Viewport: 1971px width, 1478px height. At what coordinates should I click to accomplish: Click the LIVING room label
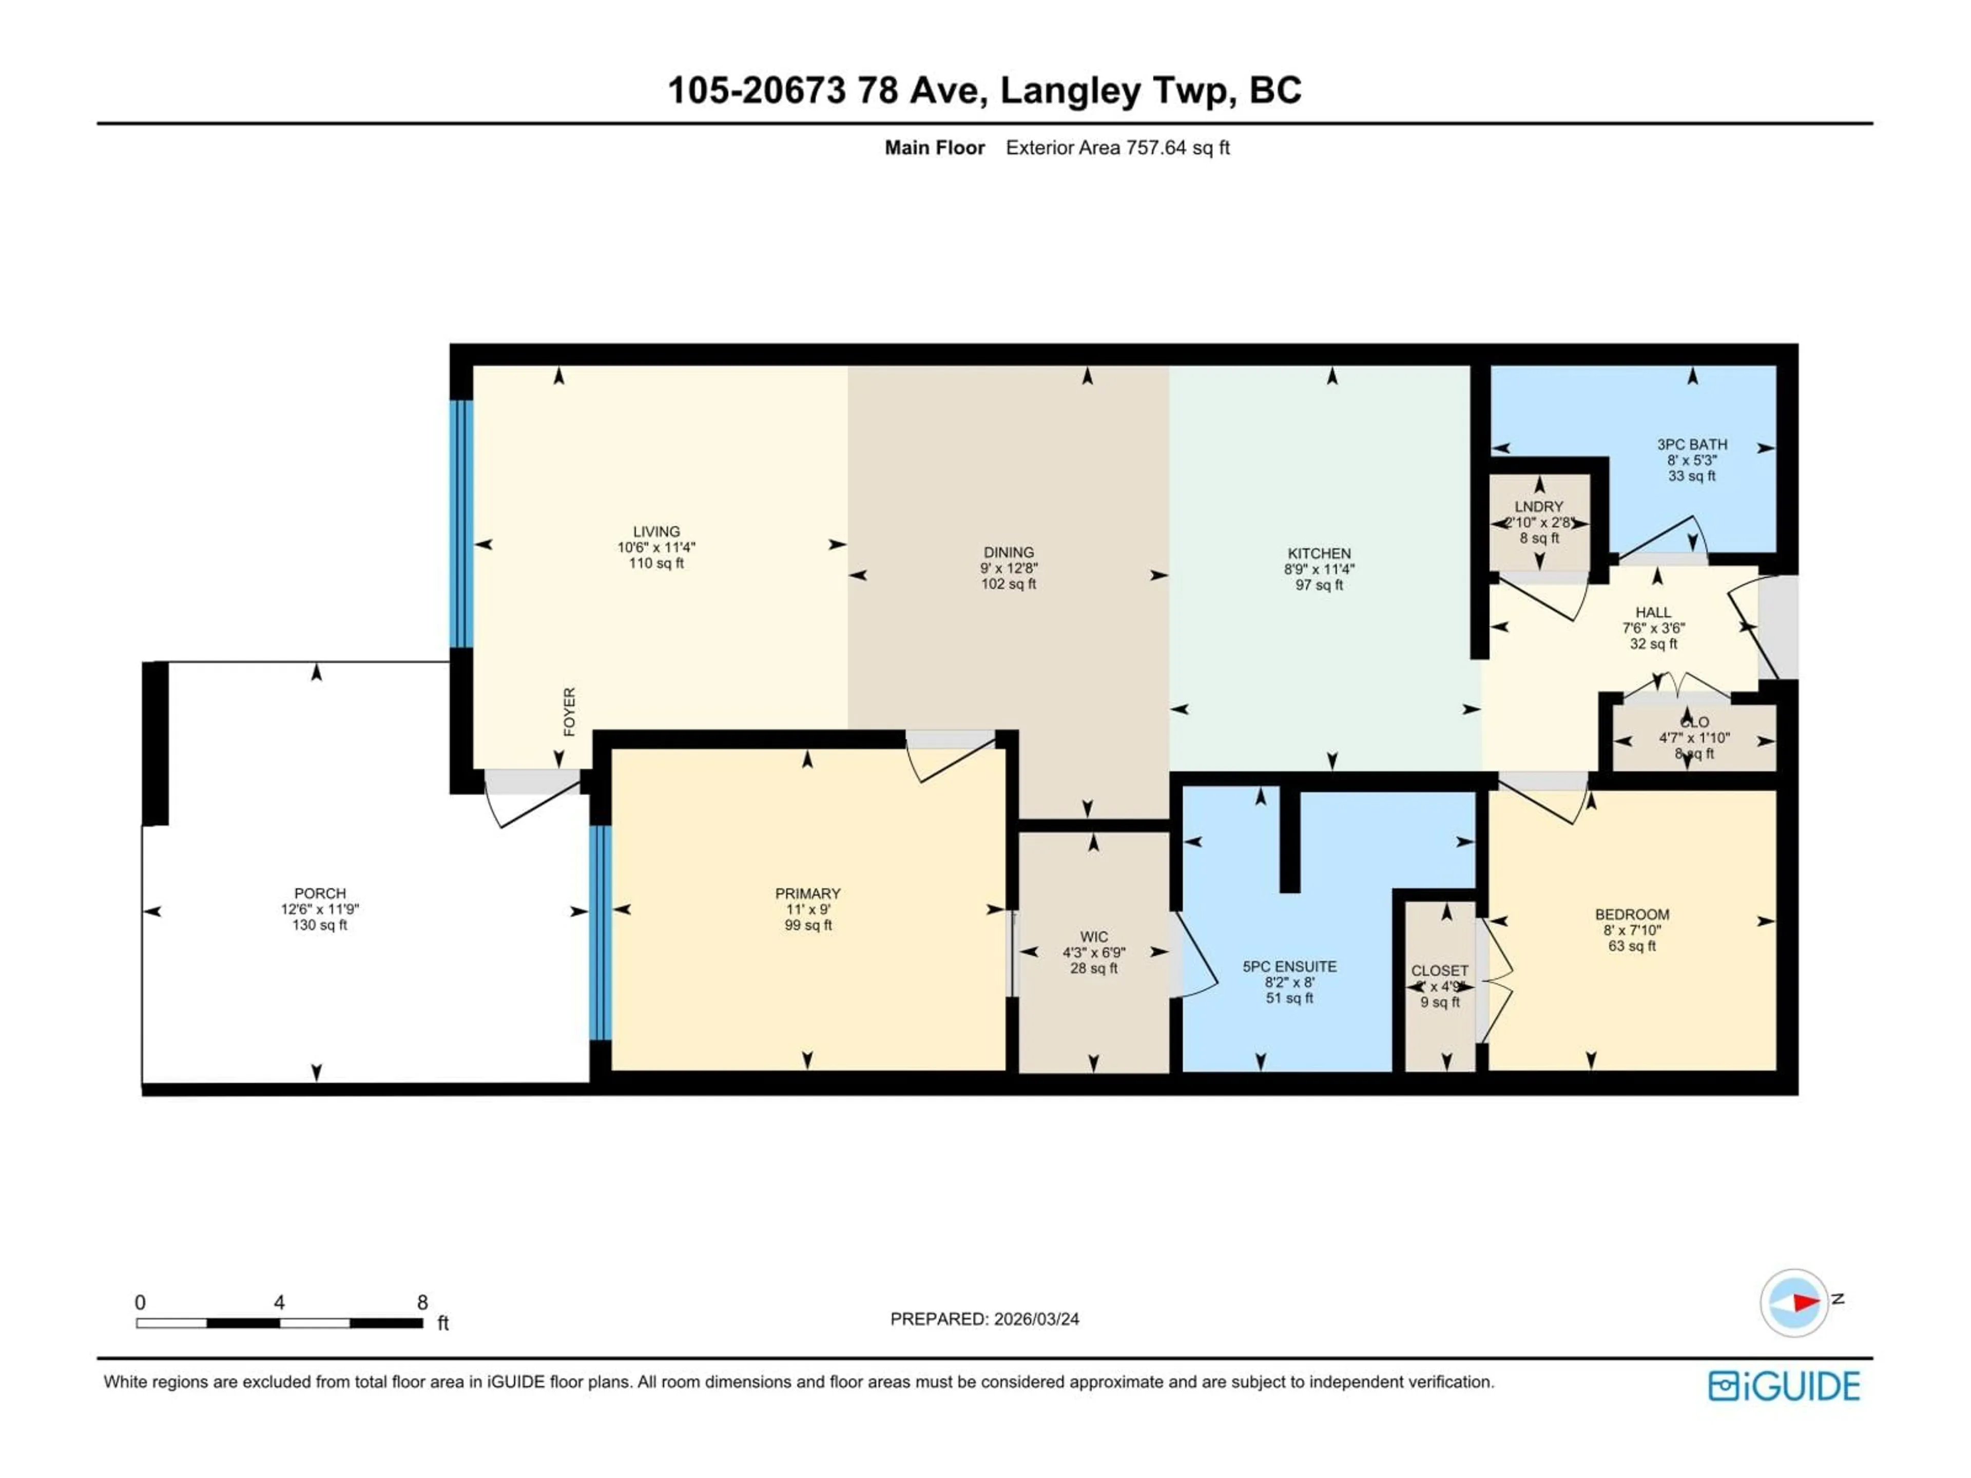pyautogui.click(x=656, y=532)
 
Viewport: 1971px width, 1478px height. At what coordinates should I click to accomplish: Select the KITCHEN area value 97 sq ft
pyautogui.click(x=1319, y=586)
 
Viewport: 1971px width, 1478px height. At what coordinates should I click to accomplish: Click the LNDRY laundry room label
pyautogui.click(x=1539, y=506)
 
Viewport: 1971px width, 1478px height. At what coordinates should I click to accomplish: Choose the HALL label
pyautogui.click(x=1653, y=612)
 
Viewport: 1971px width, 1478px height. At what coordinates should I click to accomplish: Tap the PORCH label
pyautogui.click(x=320, y=892)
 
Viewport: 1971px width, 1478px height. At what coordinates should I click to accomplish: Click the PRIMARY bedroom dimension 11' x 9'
pyautogui.click(x=807, y=909)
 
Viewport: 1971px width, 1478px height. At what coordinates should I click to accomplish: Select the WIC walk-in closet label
pyautogui.click(x=1093, y=937)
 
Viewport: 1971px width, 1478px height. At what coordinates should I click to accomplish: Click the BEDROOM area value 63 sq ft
pyautogui.click(x=1632, y=946)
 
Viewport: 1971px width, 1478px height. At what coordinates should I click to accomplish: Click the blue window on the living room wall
pyautogui.click(x=461, y=524)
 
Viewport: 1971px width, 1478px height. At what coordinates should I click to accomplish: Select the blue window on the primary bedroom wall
pyautogui.click(x=601, y=933)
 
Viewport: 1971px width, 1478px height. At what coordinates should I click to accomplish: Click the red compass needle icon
pyautogui.click(x=1804, y=1302)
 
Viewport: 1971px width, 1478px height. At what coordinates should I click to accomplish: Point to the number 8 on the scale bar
pyautogui.click(x=422, y=1302)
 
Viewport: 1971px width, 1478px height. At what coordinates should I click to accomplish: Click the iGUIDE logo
pyautogui.click(x=1784, y=1386)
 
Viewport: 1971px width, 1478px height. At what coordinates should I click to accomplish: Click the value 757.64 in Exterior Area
pyautogui.click(x=1156, y=148)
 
